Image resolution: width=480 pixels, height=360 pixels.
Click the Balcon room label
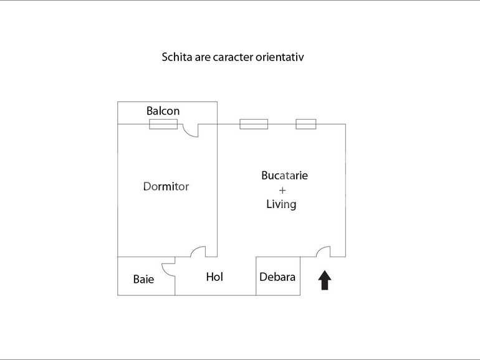(x=163, y=111)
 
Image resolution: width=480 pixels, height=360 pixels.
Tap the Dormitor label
(x=166, y=186)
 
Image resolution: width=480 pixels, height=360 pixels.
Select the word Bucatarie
(x=284, y=176)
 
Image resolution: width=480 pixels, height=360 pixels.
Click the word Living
(x=281, y=204)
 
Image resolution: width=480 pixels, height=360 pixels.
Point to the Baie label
(x=143, y=279)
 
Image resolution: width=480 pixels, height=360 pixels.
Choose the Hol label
(x=214, y=277)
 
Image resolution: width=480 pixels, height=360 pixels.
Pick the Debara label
(x=277, y=277)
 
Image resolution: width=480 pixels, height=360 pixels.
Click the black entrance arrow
(x=325, y=280)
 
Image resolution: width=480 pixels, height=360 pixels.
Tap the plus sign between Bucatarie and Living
(x=282, y=190)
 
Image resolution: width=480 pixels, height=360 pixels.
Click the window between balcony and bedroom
(x=163, y=124)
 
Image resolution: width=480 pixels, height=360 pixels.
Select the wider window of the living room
(x=254, y=124)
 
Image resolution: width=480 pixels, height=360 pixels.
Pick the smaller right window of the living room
(x=305, y=124)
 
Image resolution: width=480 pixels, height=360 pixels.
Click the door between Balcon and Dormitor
(x=191, y=129)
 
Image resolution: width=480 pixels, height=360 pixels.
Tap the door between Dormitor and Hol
(x=198, y=252)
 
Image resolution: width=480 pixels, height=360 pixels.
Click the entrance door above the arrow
(x=323, y=252)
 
